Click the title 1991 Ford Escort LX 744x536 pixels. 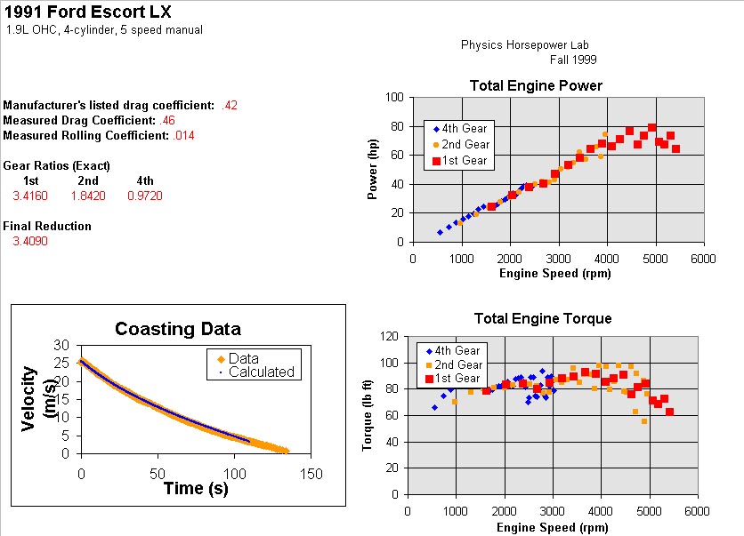click(x=88, y=12)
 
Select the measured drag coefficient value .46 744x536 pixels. click(x=167, y=121)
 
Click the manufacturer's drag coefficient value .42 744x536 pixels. click(x=230, y=106)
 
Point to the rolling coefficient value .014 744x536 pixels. click(x=183, y=136)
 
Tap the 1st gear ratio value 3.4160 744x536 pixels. click(x=30, y=196)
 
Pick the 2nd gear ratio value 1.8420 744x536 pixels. click(x=88, y=196)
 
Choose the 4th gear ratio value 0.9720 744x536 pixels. click(x=144, y=196)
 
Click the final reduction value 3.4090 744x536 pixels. click(x=30, y=241)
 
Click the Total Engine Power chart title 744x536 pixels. click(x=536, y=86)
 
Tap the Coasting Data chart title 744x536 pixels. click(x=178, y=329)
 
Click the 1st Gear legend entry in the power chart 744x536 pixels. click(x=464, y=160)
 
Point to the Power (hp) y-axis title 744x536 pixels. click(x=374, y=169)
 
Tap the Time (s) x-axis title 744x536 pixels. click(x=196, y=487)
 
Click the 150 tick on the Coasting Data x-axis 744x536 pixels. click(x=311, y=473)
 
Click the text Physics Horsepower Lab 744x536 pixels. click(x=524, y=45)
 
